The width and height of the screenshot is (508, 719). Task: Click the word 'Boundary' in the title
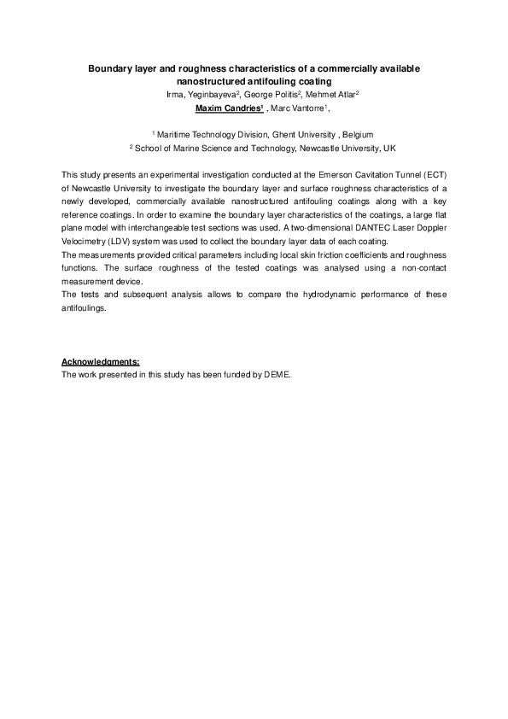(112, 67)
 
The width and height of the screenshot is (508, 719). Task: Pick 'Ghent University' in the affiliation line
(305, 135)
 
